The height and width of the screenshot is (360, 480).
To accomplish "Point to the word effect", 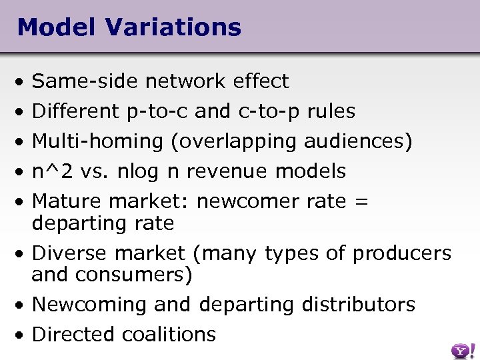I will (261, 81).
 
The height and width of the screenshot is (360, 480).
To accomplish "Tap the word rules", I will (331, 111).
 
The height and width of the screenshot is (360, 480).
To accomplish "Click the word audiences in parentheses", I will (357, 141).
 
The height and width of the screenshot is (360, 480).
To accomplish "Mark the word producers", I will (401, 253).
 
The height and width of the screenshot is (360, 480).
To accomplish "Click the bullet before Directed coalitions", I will (22, 334).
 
